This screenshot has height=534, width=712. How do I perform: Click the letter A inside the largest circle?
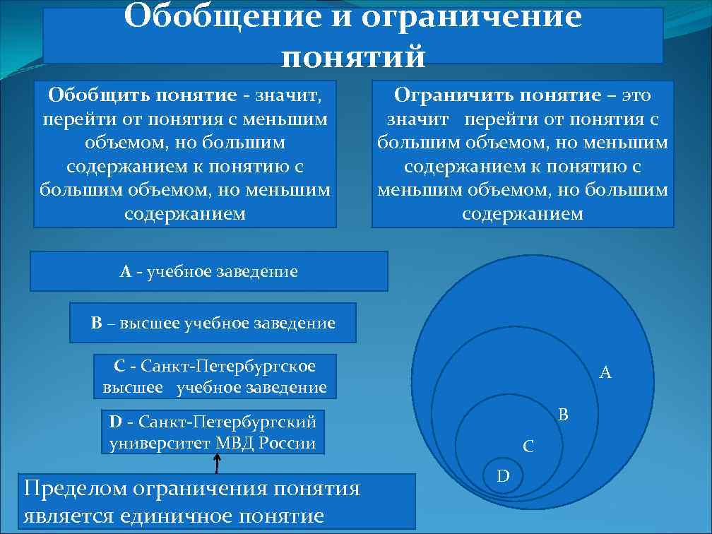[605, 372]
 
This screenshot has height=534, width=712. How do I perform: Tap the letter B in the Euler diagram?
[563, 415]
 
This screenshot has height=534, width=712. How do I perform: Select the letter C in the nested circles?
[528, 446]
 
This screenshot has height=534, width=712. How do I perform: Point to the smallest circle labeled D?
[503, 475]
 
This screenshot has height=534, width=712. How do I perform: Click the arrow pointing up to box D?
[216, 463]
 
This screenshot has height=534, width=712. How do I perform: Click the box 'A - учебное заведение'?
[208, 271]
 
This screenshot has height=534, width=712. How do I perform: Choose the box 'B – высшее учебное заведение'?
[213, 324]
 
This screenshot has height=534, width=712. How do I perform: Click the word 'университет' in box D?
[160, 444]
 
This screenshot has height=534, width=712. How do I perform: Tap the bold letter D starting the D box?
[116, 422]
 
